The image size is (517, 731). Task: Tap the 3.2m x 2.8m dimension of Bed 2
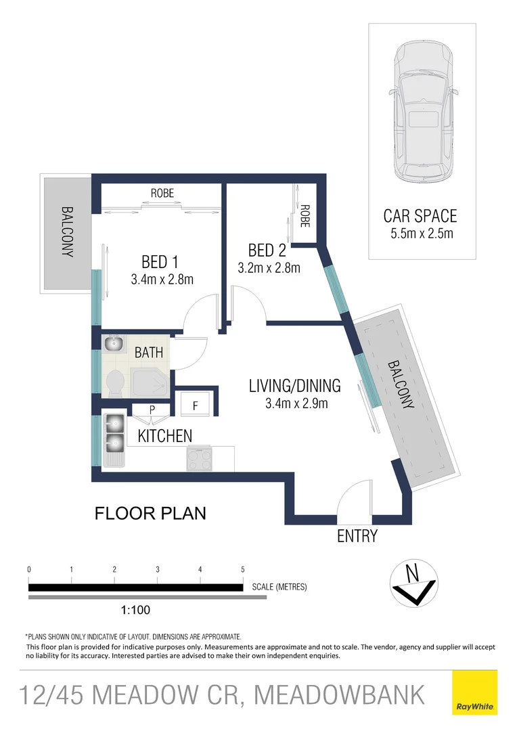coord(269,267)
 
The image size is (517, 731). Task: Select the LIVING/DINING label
coord(294,386)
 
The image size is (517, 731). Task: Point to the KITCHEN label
coord(164,436)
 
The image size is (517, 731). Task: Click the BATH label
coord(148,352)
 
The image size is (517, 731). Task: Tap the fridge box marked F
coord(195,407)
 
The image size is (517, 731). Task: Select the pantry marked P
coord(152,409)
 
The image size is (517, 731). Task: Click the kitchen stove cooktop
coord(199,460)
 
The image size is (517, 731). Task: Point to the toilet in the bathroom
coord(116,384)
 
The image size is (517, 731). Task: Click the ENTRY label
coord(357,536)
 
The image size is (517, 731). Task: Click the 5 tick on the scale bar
coord(242,570)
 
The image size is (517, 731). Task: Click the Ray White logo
coord(474,692)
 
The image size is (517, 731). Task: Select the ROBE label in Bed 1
coord(162,194)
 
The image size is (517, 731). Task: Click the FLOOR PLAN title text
coord(150,513)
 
